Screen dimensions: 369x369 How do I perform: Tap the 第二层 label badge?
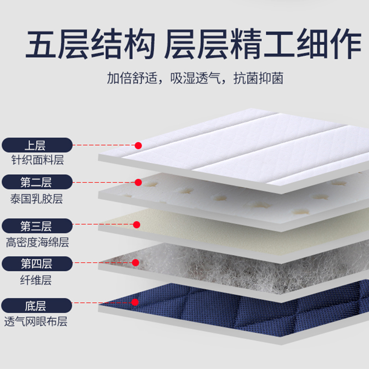coord(37,182)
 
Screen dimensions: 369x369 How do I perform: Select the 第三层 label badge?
coord(37,226)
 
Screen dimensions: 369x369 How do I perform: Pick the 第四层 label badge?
coord(37,264)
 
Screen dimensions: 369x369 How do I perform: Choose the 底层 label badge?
coord(37,305)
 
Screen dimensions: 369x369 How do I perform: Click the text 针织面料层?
coord(37,161)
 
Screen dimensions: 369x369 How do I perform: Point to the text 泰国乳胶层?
coord(36,199)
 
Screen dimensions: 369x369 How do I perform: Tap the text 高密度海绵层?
coord(37,242)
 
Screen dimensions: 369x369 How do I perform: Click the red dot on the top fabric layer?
coord(138,145)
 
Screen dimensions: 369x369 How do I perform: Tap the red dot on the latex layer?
coord(138,182)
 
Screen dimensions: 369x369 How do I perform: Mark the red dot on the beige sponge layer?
coord(137,225)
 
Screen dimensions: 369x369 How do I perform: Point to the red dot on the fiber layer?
coord(136,262)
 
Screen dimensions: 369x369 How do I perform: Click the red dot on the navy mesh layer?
coord(135,303)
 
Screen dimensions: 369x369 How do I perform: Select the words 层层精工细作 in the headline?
coord(262,44)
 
